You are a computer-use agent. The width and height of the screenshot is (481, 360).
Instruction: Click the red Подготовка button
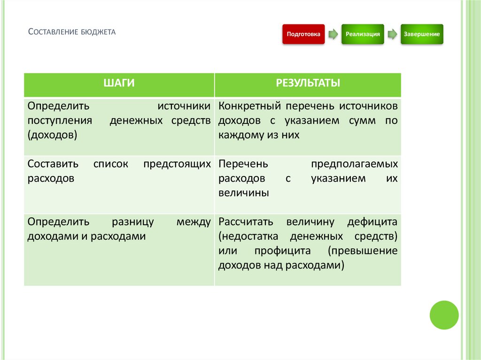pyautogui.click(x=303, y=34)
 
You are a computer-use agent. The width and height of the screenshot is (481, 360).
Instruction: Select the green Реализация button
pyautogui.click(x=362, y=34)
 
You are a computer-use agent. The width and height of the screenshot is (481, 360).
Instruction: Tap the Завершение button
pyautogui.click(x=421, y=34)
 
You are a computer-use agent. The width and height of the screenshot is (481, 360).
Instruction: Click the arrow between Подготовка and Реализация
pyautogui.click(x=333, y=34)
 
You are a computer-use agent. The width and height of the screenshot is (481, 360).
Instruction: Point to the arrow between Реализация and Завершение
pyautogui.click(x=392, y=34)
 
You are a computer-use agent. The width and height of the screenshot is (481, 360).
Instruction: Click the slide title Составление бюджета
pyautogui.click(x=72, y=32)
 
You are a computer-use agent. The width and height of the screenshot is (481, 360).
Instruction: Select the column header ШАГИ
pyautogui.click(x=119, y=84)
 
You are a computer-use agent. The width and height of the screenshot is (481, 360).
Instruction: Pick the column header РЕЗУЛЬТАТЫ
pyautogui.click(x=308, y=84)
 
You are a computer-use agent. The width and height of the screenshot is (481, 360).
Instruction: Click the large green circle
pyautogui.click(x=444, y=314)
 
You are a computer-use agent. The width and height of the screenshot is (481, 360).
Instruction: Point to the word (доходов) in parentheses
pyautogui.click(x=52, y=135)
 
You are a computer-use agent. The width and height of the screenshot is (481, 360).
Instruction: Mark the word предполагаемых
pyautogui.click(x=354, y=164)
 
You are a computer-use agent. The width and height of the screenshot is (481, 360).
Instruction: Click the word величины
pyautogui.click(x=243, y=193)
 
